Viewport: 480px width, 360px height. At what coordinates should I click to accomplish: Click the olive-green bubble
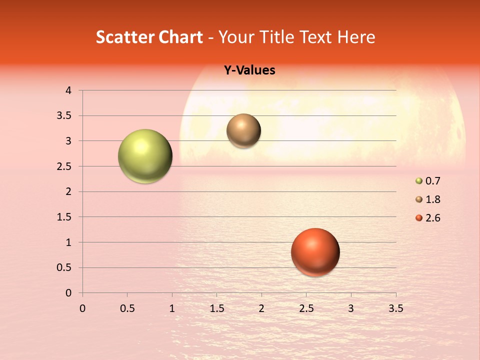click(145, 156)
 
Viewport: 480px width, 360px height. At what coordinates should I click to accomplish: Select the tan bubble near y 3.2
click(243, 130)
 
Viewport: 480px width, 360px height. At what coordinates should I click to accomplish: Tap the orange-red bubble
click(315, 252)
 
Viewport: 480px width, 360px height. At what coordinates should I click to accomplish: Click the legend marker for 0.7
click(419, 181)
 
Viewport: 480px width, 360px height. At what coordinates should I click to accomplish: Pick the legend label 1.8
click(433, 199)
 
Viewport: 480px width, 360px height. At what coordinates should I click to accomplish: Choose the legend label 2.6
click(433, 218)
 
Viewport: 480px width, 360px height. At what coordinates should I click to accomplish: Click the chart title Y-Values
click(249, 70)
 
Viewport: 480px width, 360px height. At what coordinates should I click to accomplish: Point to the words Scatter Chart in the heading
click(149, 37)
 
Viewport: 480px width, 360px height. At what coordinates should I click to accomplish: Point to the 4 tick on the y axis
click(69, 90)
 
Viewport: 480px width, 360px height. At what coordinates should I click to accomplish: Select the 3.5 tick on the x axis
click(395, 308)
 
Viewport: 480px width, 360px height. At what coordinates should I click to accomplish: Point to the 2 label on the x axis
click(261, 308)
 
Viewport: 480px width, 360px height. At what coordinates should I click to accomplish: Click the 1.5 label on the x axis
click(216, 308)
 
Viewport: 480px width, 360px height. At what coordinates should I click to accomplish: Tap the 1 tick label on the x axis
click(172, 308)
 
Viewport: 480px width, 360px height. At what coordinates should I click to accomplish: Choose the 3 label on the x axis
click(351, 308)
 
